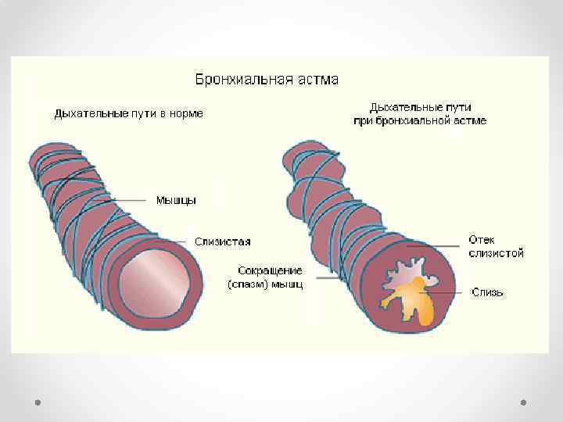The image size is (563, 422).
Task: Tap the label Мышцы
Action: click(175, 201)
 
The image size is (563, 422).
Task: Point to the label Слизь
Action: click(487, 292)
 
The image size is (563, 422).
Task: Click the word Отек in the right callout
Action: click(482, 239)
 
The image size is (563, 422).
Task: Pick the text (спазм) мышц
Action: click(265, 284)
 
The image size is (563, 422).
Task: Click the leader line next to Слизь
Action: click(450, 292)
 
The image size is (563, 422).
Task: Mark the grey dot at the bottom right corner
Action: click(523, 402)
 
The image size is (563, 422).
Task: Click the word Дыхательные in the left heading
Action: click(86, 113)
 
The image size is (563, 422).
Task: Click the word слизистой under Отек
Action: click(496, 252)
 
